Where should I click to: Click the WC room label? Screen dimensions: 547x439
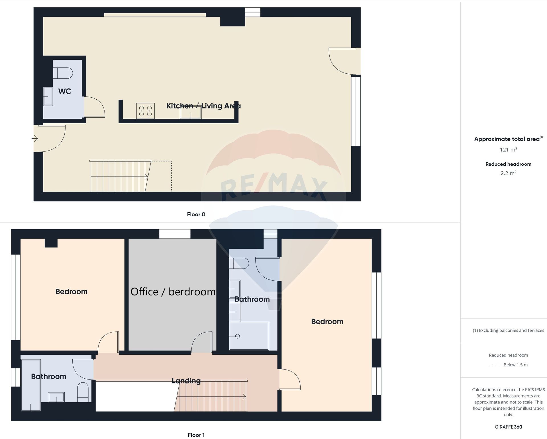[65, 91]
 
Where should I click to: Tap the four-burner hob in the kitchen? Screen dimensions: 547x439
[145, 111]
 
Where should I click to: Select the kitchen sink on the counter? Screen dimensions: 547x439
[191, 113]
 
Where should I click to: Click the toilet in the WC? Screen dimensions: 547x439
[63, 73]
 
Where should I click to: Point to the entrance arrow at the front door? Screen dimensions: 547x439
[35, 139]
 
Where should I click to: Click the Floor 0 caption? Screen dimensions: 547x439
[196, 214]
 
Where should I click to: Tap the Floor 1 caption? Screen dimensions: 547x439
[196, 435]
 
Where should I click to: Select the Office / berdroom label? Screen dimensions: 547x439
[173, 292]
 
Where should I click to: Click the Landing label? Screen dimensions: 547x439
[186, 381]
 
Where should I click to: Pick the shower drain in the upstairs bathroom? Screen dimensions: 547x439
[238, 336]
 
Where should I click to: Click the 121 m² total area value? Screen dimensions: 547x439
[508, 149]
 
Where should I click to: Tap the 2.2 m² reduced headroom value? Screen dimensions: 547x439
[508, 173]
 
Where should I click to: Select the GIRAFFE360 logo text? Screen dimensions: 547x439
[508, 427]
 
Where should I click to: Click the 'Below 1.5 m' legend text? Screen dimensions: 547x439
[515, 365]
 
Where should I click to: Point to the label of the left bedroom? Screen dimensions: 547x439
[71, 292]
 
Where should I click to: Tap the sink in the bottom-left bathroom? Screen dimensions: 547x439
[56, 397]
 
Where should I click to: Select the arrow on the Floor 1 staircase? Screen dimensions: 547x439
[244, 397]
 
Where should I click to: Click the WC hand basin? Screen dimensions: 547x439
[48, 97]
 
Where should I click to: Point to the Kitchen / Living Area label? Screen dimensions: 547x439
[203, 106]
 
